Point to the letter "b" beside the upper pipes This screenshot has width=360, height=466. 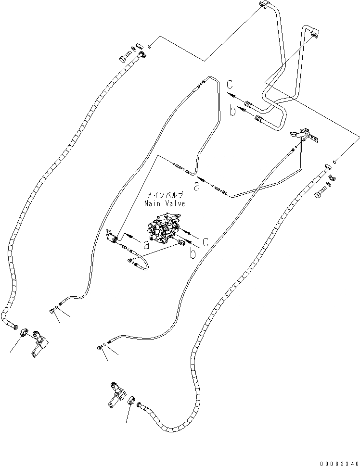[x=232, y=112]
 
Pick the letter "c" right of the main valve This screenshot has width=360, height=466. [x=205, y=241]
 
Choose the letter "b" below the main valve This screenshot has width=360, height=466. [x=193, y=253]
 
